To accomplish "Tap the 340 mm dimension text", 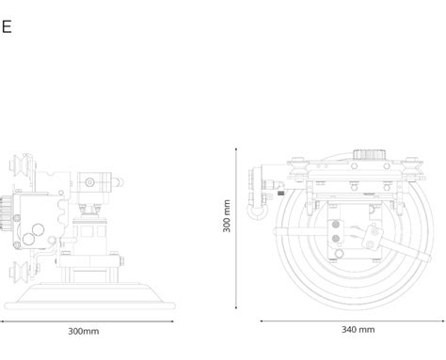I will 358,330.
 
